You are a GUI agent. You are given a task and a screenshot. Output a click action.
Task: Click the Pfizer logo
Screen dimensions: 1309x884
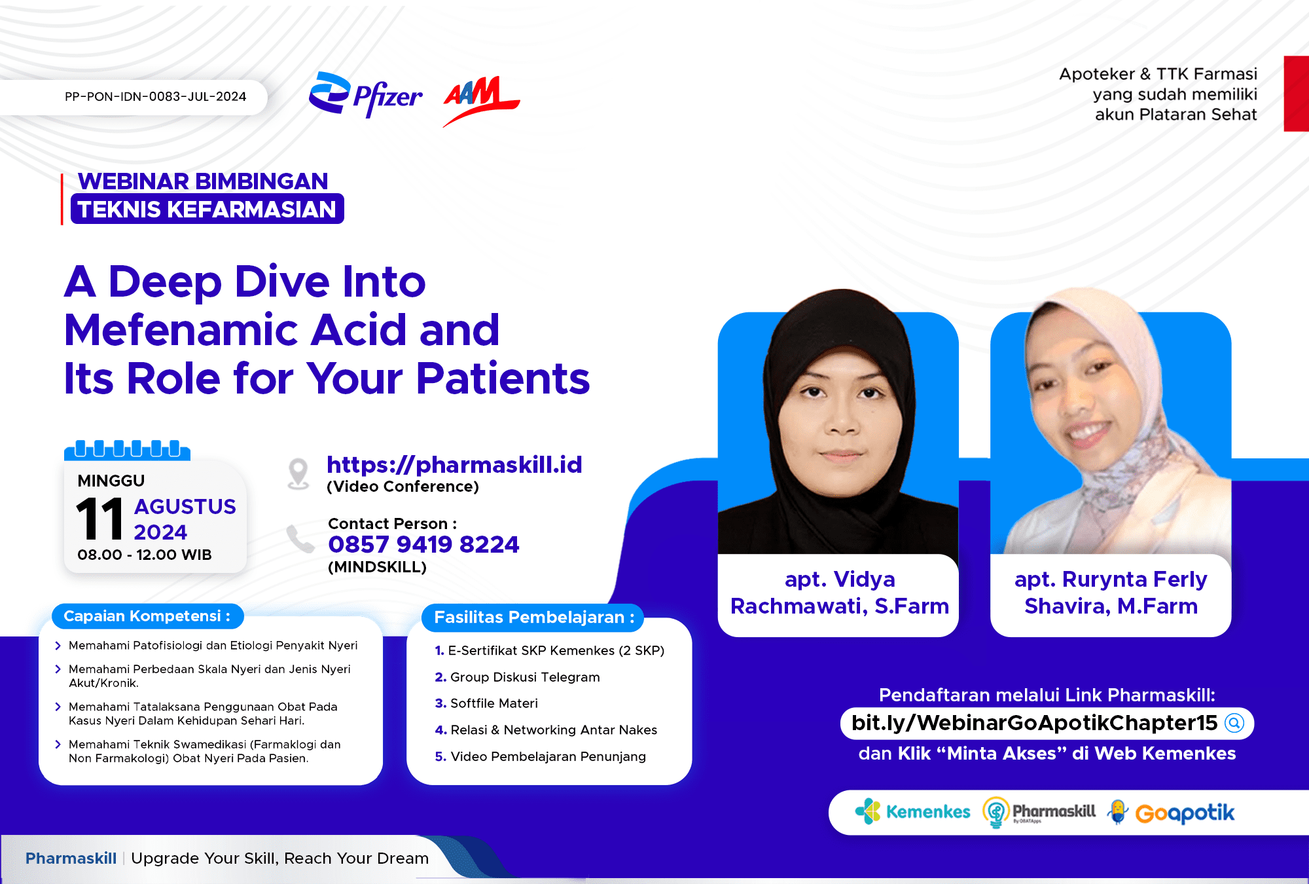tap(365, 95)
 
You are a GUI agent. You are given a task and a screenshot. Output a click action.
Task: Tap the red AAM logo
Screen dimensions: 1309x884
tap(481, 100)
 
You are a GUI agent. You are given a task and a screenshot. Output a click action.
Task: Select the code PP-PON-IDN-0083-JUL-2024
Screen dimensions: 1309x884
tap(155, 97)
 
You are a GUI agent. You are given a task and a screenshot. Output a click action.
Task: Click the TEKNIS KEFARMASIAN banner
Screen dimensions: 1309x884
tap(207, 209)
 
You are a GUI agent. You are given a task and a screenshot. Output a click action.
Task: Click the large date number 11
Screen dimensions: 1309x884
tap(99, 518)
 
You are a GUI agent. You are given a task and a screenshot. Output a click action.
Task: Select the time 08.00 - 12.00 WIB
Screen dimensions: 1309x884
tap(145, 555)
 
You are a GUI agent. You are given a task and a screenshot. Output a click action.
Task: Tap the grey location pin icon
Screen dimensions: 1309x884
tap(298, 473)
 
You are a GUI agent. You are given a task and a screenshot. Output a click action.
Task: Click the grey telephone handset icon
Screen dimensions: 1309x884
tap(300, 539)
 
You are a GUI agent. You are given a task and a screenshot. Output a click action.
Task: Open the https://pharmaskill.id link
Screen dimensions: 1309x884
tap(454, 465)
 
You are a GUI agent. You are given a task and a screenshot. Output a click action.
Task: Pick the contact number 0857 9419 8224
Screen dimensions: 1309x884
tap(423, 544)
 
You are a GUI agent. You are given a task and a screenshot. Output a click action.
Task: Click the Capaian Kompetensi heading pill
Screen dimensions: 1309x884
tap(147, 616)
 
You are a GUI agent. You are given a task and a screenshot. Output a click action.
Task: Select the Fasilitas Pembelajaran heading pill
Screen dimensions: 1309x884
tap(533, 617)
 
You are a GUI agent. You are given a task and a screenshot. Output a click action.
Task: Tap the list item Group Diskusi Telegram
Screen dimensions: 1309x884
tap(517, 677)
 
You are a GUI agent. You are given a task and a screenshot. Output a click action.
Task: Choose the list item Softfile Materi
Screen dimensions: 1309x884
tap(486, 703)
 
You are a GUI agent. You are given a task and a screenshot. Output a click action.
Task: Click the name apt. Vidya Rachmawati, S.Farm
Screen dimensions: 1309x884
tap(840, 593)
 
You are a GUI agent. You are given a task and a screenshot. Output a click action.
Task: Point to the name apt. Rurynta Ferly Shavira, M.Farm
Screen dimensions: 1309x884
tap(1111, 593)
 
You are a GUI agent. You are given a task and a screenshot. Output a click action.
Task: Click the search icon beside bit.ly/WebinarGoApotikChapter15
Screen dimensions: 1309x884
tap(1234, 723)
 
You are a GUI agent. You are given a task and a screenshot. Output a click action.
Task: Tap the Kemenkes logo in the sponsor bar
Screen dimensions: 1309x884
tap(912, 812)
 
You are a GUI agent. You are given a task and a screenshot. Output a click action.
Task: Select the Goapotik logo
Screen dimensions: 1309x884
tap(1171, 813)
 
